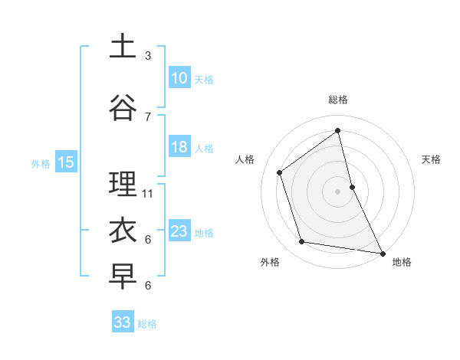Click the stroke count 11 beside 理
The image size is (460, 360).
(x=148, y=193)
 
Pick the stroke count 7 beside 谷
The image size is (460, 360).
(x=148, y=116)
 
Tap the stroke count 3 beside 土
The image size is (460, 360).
(x=148, y=56)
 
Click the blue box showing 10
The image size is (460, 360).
(x=179, y=78)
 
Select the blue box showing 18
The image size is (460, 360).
(x=179, y=147)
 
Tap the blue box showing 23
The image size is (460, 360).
(x=179, y=231)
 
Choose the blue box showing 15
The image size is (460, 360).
(x=66, y=162)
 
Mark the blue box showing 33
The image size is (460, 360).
(x=123, y=322)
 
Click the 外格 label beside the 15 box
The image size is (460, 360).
(x=41, y=163)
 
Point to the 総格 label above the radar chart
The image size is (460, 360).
(x=338, y=100)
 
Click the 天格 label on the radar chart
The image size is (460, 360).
(x=432, y=159)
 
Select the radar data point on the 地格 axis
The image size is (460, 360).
(x=382, y=253)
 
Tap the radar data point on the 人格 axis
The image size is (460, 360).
(x=280, y=172)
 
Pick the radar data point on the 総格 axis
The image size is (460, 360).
(x=338, y=130)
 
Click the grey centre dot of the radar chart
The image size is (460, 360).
(x=338, y=191)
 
